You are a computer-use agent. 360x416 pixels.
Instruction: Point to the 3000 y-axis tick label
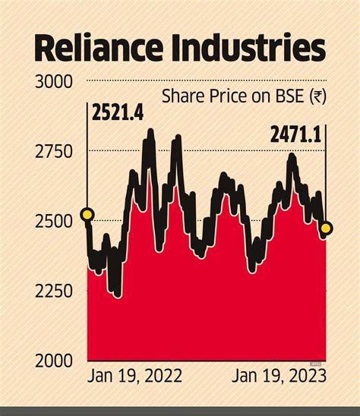(53, 81)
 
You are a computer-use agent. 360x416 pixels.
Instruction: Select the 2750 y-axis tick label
(53, 151)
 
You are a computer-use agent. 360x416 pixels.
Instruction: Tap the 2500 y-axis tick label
(53, 221)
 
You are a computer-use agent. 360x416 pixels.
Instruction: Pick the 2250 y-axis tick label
(53, 291)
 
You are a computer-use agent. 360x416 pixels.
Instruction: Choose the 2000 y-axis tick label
(53, 360)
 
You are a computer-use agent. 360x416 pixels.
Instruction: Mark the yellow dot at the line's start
(87, 215)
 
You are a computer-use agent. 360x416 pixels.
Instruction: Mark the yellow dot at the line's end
(326, 228)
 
